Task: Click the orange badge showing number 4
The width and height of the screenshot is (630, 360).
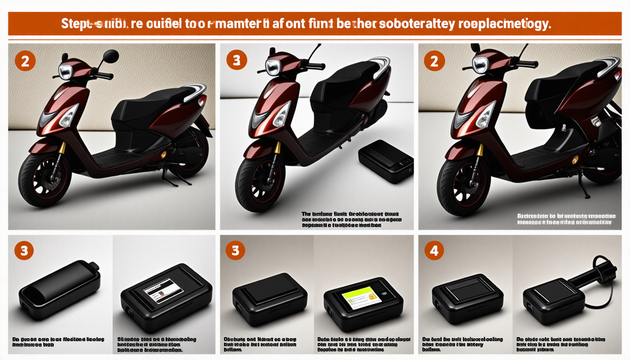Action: pyautogui.click(x=434, y=251)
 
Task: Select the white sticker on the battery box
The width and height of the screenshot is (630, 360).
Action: pyautogui.click(x=162, y=294)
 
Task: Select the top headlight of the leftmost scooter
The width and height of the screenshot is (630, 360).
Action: pyautogui.click(x=66, y=72)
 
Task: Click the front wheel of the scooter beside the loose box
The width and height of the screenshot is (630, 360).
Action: pyautogui.click(x=260, y=185)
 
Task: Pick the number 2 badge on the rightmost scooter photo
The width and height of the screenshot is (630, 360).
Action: pyautogui.click(x=434, y=60)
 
